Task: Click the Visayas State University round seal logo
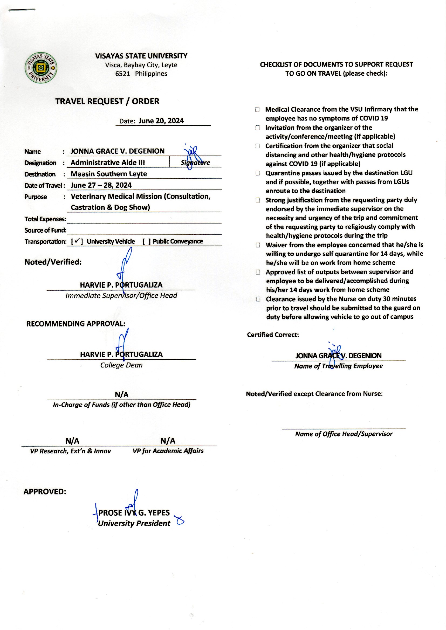pos(41,68)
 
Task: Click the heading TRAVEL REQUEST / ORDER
pos(107,101)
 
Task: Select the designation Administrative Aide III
pos(108,163)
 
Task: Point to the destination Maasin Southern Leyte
pos(109,174)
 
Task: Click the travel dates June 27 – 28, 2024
pos(101,185)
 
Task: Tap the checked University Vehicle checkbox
pos(77,241)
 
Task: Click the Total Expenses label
pos(45,219)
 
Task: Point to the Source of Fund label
pos(46,230)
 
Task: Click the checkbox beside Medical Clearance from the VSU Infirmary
pos(257,109)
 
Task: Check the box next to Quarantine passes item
pos(258,173)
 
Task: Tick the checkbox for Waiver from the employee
pos(258,245)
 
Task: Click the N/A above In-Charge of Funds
pos(121,394)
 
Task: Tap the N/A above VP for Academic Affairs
pos(168,441)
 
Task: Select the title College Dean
pos(121,365)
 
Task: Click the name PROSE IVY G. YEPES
pos(134,512)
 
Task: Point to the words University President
pos(134,523)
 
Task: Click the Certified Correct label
pos(273,335)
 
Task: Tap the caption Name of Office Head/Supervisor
pos(344,434)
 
